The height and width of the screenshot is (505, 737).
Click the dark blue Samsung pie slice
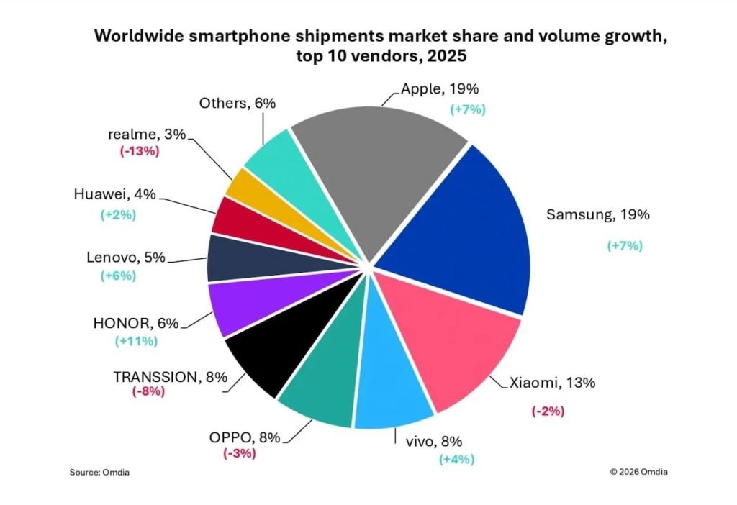coord(461,230)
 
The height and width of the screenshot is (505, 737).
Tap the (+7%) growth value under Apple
coord(469,109)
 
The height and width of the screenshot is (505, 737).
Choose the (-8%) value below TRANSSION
coord(148,391)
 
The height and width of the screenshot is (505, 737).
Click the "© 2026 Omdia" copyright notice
coord(643,472)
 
